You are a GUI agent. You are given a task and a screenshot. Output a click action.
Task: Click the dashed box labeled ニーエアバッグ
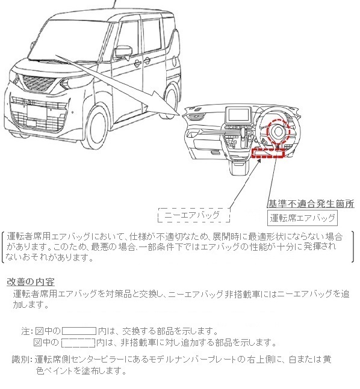click(195, 214)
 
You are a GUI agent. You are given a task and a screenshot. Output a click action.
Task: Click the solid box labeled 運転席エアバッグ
click(302, 217)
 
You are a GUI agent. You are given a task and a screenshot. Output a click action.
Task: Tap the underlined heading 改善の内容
click(31, 281)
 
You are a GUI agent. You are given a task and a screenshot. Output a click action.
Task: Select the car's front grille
click(42, 113)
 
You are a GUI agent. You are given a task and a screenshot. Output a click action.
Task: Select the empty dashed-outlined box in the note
click(79, 343)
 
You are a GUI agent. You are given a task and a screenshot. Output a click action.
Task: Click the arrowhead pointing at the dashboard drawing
click(178, 112)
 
